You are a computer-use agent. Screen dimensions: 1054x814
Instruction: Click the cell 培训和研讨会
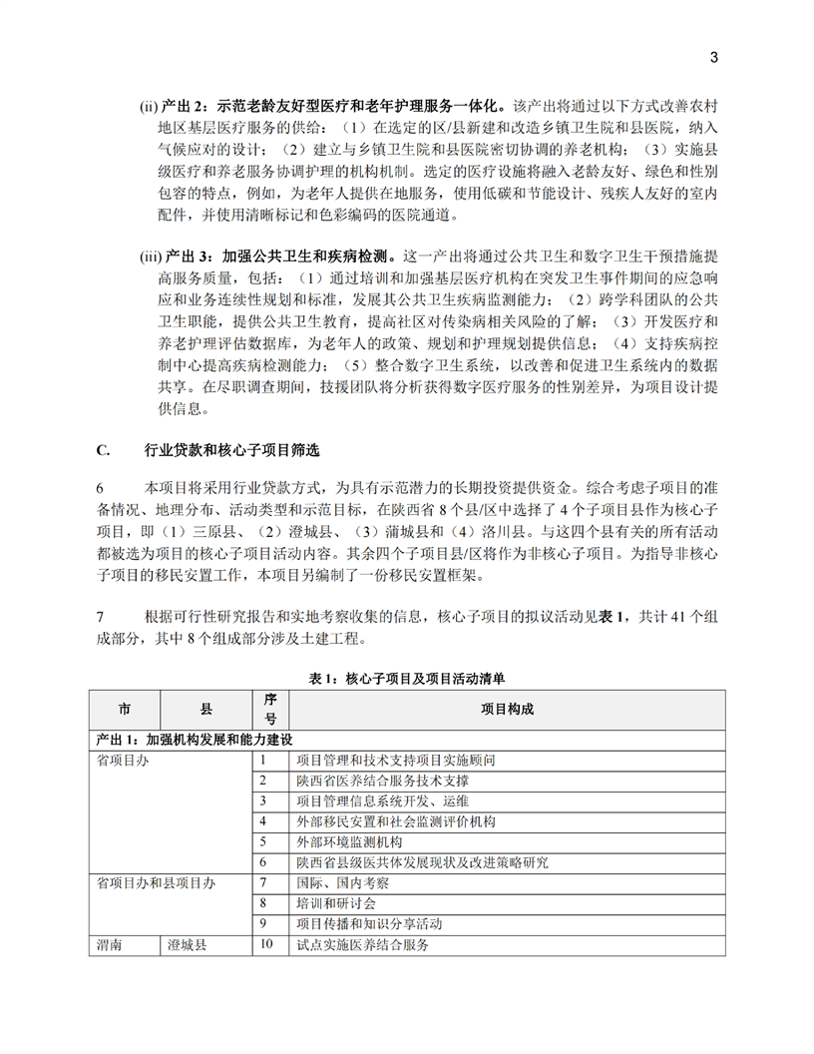(336, 902)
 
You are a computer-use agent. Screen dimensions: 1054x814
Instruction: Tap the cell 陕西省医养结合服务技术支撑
(383, 781)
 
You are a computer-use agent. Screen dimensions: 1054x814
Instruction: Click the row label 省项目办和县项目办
(155, 882)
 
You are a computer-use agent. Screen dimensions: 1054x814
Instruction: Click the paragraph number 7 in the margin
(100, 618)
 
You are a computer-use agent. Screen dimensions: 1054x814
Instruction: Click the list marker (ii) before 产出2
(148, 105)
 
